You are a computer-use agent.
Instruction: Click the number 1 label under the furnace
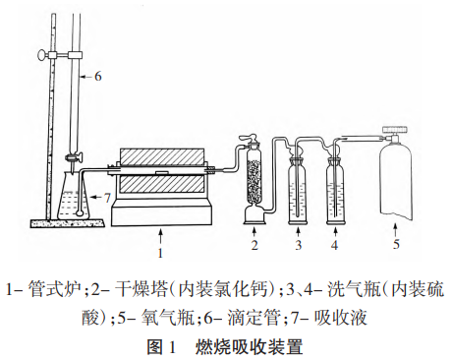pos(160,253)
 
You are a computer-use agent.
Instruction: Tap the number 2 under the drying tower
pos(254,245)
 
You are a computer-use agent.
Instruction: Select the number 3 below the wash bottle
pos(298,245)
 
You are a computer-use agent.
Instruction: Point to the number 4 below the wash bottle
pos(334,245)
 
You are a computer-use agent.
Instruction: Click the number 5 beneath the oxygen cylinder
pos(396,244)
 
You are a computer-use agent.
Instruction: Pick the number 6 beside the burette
pos(98,77)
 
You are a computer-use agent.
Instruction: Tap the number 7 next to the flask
pos(107,198)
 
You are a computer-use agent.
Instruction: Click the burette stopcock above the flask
pos(74,158)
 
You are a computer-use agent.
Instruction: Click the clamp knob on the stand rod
pos(42,55)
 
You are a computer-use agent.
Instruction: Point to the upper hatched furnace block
pos(162,157)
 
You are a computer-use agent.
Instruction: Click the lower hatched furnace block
pos(162,184)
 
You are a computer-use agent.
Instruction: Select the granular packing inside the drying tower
pos(254,182)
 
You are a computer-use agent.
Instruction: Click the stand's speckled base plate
pos(68,223)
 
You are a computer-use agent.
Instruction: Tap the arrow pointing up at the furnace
pos(160,237)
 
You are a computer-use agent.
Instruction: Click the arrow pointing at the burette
pos(86,77)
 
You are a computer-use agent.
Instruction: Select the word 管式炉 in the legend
pos(54,289)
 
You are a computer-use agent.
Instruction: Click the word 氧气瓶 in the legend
pos(167,318)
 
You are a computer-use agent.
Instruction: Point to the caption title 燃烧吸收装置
pos(249,347)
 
